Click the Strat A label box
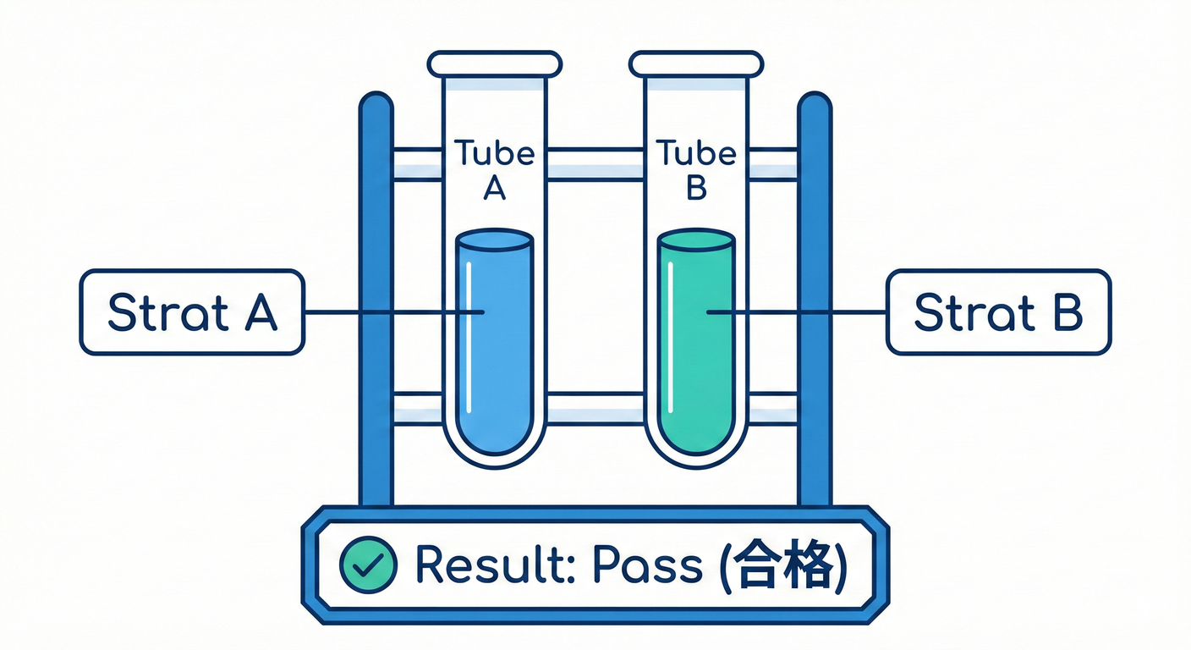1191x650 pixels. (191, 311)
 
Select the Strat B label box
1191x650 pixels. (998, 311)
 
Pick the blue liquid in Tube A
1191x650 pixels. (494, 339)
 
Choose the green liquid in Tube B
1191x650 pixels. (695, 339)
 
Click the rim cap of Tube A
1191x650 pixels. (494, 63)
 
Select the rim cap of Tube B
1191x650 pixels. (695, 63)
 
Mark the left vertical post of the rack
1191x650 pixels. (376, 296)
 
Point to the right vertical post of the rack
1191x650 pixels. (815, 296)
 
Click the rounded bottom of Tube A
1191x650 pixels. (494, 449)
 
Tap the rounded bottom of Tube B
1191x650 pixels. (695, 449)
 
